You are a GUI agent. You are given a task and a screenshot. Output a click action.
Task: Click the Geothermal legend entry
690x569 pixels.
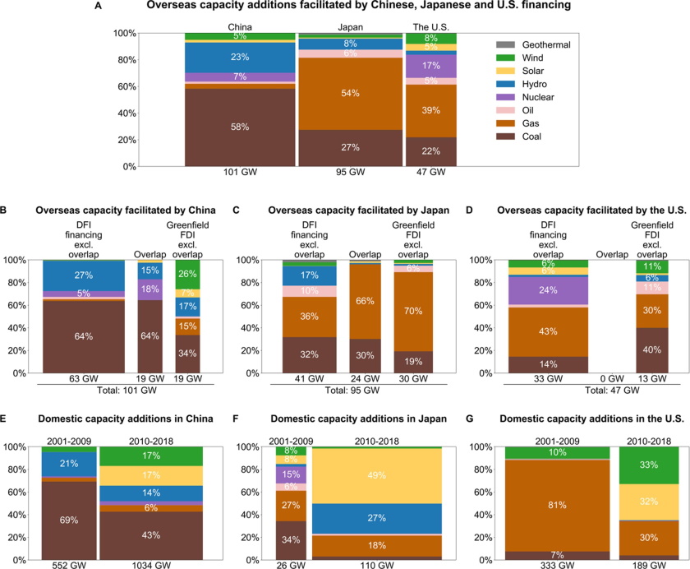532,44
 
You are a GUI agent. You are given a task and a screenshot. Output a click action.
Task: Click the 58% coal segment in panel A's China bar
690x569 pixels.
239,127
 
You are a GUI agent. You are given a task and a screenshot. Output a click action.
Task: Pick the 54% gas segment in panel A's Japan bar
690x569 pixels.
349,94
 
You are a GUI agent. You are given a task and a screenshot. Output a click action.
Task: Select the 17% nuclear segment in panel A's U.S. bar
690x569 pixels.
430,65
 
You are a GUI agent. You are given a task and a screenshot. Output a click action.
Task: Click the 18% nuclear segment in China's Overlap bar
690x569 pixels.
149,289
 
